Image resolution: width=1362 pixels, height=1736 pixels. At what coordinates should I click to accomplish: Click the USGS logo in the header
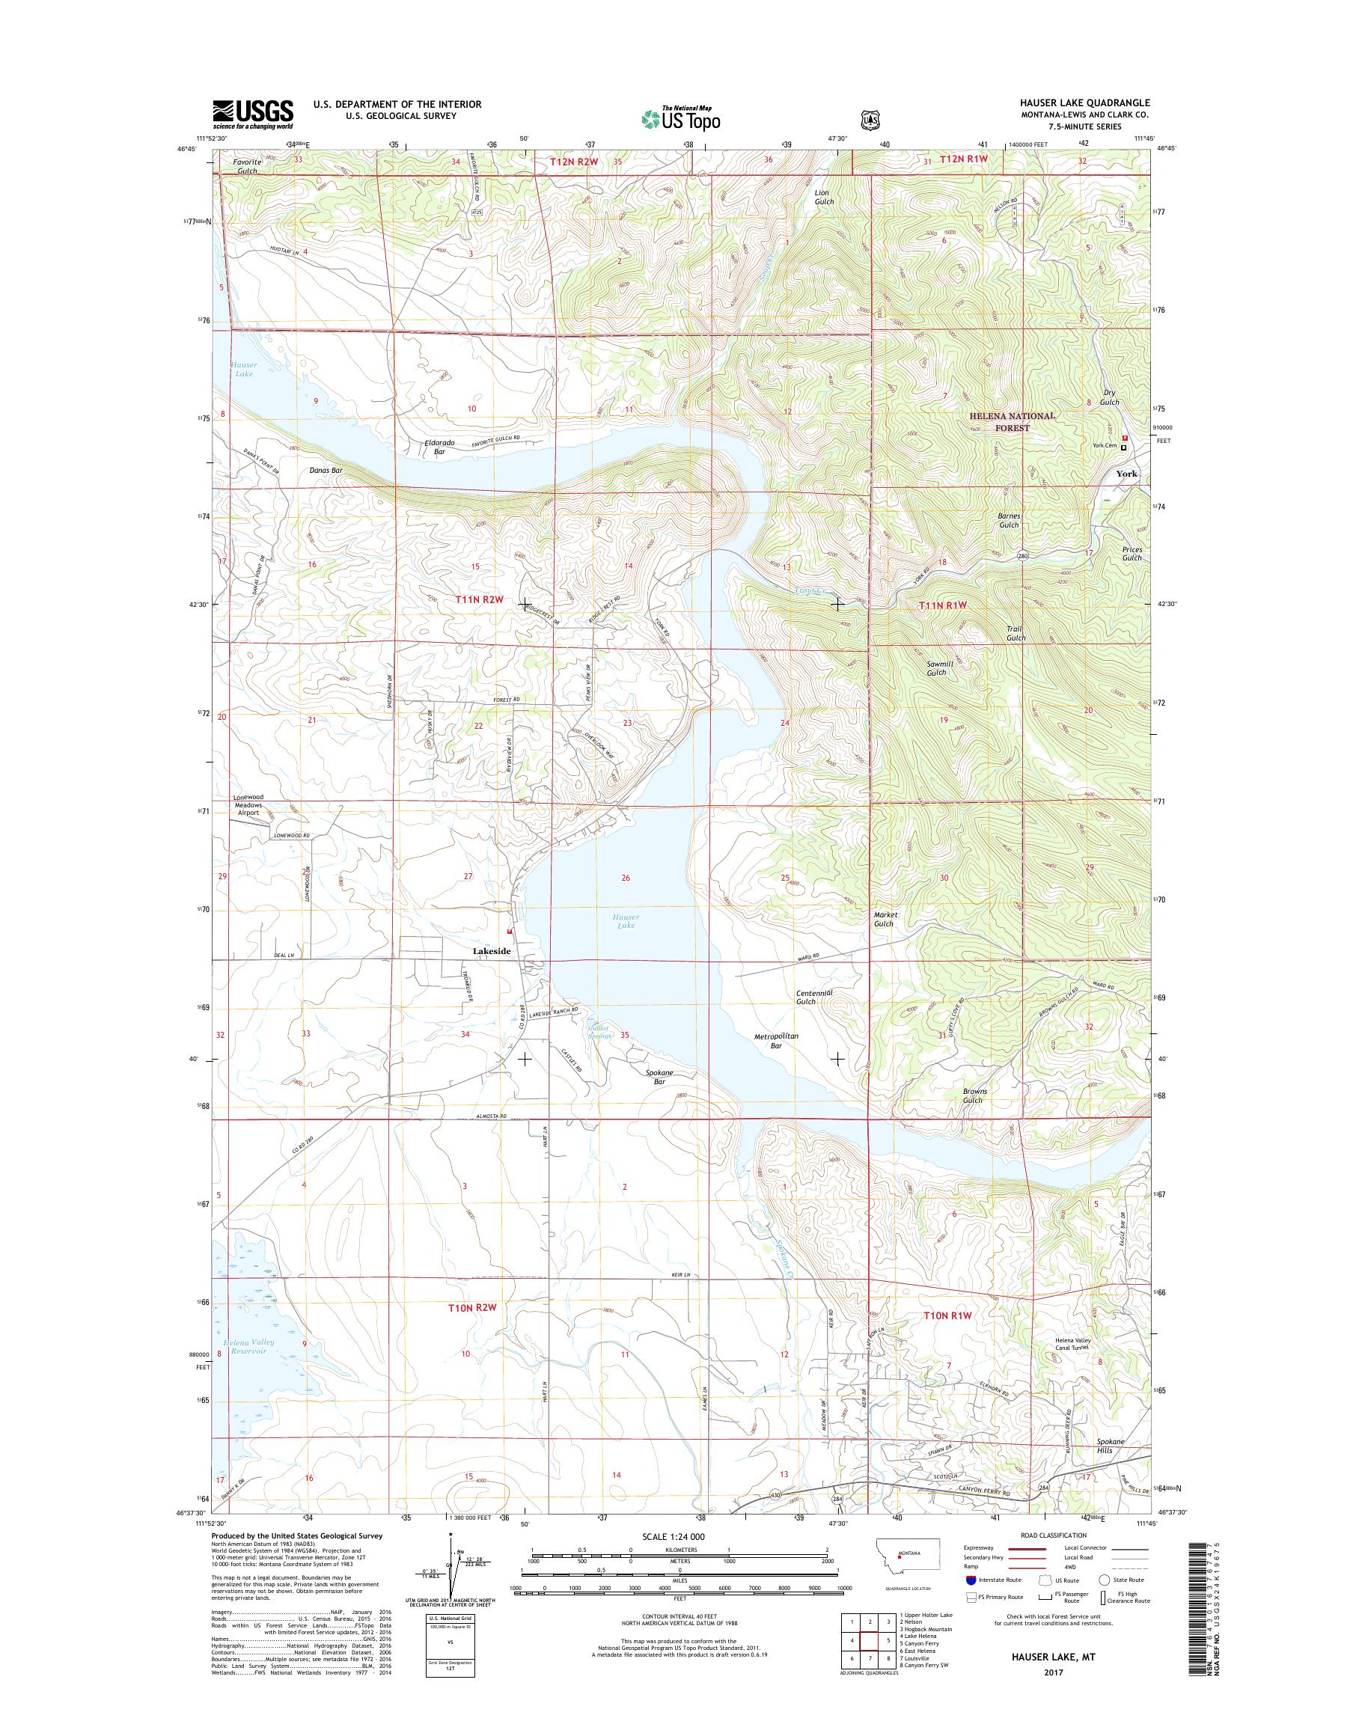[252, 114]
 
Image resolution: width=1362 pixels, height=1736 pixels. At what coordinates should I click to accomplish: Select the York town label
[1126, 474]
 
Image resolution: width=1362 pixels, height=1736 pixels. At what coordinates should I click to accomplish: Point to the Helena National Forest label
[1012, 422]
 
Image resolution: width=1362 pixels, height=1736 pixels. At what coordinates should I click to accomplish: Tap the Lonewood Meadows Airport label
[247, 804]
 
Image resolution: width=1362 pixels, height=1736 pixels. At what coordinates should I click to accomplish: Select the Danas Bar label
[326, 471]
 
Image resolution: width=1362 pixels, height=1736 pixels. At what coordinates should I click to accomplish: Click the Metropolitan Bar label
[776, 1041]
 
